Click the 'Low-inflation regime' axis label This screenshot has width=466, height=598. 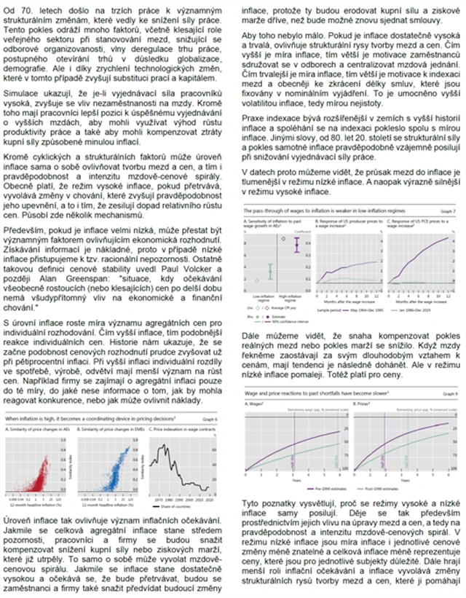coord(260,299)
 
